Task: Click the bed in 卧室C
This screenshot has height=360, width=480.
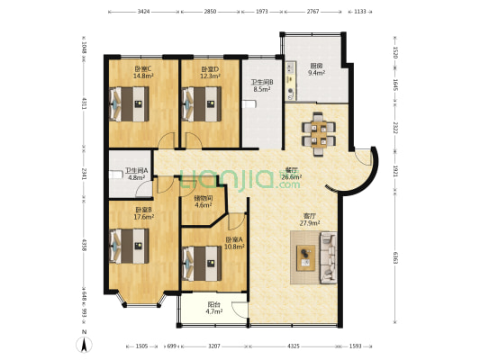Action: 130,103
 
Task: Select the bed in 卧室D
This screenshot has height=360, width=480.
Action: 201,103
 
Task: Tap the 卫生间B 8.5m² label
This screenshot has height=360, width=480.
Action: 261,86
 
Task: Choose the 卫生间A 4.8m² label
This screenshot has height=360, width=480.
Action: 136,174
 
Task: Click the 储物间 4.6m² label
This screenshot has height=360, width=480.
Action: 203,202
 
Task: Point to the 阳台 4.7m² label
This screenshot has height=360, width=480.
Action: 214,308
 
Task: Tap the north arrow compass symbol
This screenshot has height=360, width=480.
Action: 83,342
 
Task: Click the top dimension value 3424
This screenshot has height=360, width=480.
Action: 143,12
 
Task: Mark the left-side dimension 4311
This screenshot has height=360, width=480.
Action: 84,103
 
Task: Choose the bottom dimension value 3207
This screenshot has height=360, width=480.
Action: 213,345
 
